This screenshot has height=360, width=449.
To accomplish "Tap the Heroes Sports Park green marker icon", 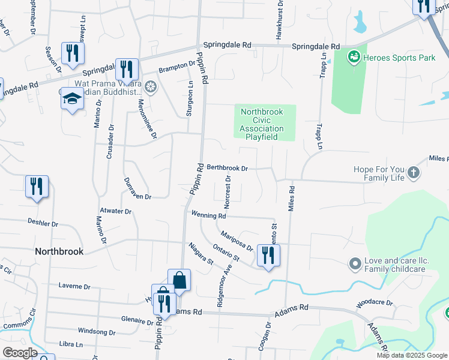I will (354, 57).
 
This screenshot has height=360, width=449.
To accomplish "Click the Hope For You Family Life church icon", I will (412, 173).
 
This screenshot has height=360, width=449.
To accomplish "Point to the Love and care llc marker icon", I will (354, 263).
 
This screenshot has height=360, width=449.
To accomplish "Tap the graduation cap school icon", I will (72, 99).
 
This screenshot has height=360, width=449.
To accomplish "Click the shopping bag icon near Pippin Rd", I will (179, 279).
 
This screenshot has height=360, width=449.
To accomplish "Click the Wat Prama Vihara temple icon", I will (150, 88).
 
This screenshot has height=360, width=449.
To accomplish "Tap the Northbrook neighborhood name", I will (59, 251).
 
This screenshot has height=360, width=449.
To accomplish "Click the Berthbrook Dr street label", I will (227, 169).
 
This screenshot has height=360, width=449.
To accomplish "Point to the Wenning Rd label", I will (208, 215).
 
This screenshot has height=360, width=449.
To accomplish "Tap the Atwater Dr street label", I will (116, 211).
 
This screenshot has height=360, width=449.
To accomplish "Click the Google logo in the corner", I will (20, 353).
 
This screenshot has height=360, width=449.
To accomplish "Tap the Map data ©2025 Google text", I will (412, 355).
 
